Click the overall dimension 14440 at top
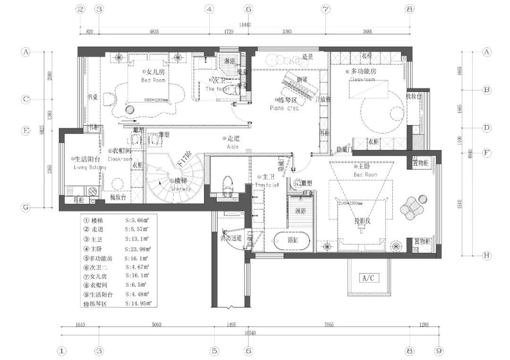[245, 25]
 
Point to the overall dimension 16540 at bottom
[250, 333]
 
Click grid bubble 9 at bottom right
[439, 351]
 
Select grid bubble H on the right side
[486, 256]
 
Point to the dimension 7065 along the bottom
[329, 325]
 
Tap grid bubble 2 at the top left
[81, 9]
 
